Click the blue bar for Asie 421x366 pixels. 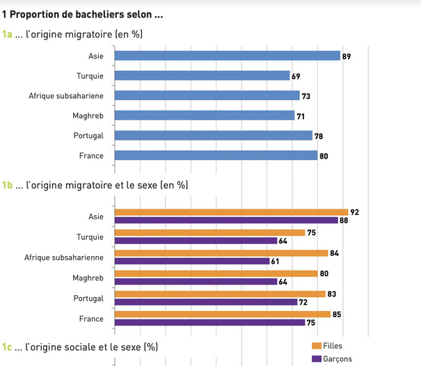tap(227, 56)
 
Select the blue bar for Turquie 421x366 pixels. tap(202, 75)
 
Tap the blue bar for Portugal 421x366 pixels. tap(213, 135)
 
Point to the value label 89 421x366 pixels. tap(346, 56)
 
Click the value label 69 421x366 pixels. tap(296, 75)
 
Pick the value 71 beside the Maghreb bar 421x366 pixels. tap(301, 116)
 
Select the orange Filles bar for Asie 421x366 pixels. tap(231, 212)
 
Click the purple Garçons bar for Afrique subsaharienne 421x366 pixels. tap(192, 261)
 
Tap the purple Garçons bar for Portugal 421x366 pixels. tap(206, 302)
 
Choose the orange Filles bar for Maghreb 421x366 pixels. tap(216, 273)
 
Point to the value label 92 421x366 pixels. tap(354, 212)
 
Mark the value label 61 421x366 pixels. tap(276, 262)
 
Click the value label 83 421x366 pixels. tap(332, 294)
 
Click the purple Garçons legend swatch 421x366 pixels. tap(316, 359)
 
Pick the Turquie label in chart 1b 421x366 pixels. tap(90, 237)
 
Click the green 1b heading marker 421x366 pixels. tap(7, 185)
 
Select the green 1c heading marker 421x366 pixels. tap(7, 347)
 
